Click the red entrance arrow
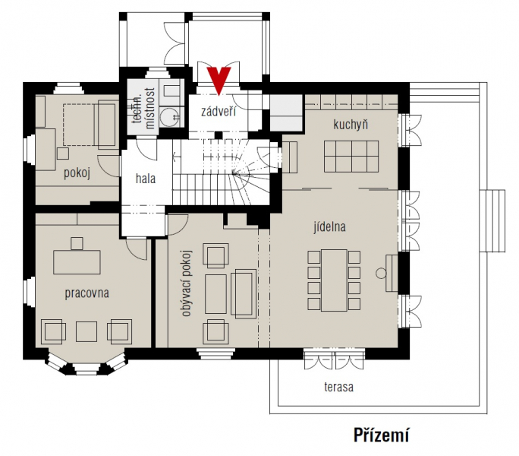[219, 80]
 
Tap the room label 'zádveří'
[219, 111]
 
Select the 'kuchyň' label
[351, 125]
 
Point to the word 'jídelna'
[329, 226]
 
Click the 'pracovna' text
[86, 293]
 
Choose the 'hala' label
[146, 179]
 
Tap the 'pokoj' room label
[77, 173]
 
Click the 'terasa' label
[338, 387]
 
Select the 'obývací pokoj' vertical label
[187, 283]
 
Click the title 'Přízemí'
[382, 435]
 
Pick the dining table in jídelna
[334, 280]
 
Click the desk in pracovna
[77, 262]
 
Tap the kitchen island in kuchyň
[351, 157]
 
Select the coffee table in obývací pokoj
[215, 294]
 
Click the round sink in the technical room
[168, 116]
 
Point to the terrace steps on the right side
[492, 221]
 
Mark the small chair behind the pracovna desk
[77, 243]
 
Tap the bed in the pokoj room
[90, 125]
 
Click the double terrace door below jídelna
[335, 359]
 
